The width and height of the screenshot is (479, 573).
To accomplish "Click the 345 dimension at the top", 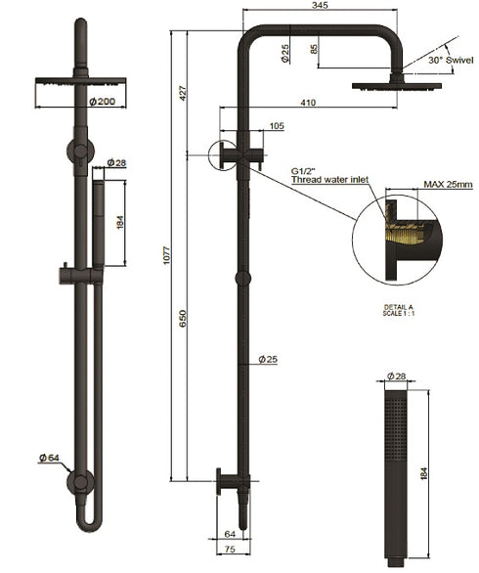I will click(x=317, y=7).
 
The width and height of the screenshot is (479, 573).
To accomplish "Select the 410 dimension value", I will click(x=309, y=101).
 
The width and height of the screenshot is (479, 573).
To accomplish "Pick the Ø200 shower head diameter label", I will click(x=74, y=101).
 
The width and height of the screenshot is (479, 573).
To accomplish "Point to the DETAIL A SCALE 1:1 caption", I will click(x=401, y=311).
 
